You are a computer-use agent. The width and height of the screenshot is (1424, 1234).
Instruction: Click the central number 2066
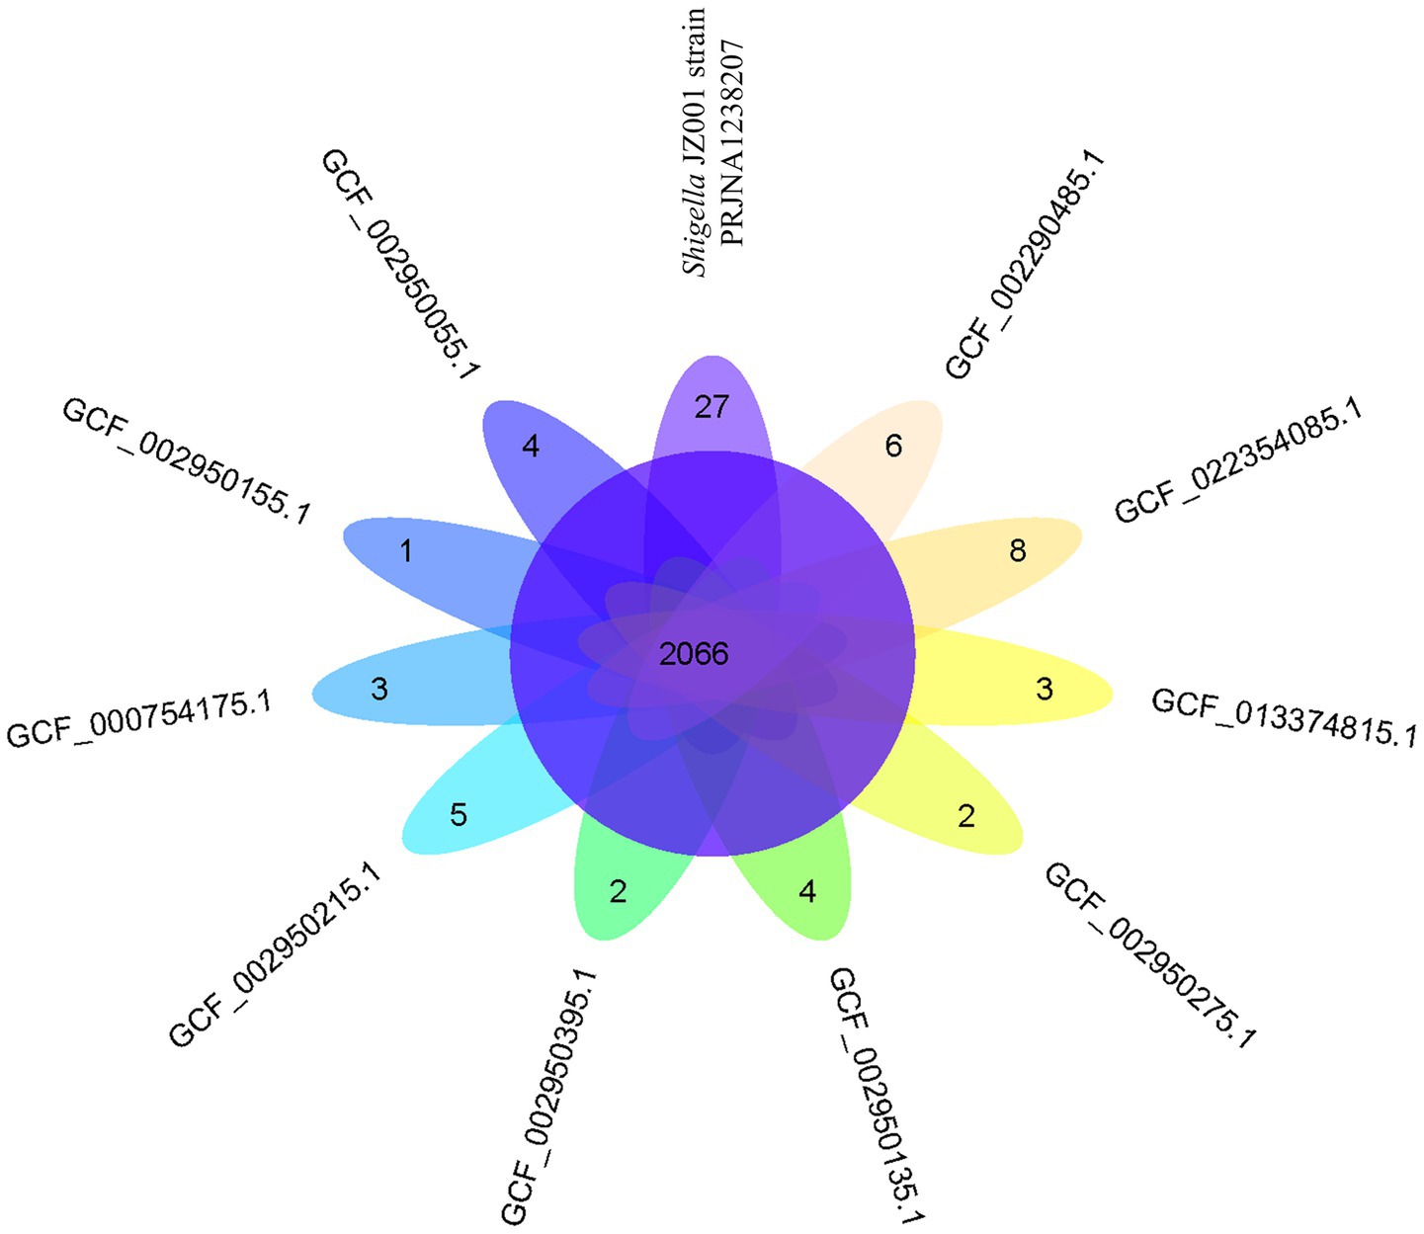click(694, 653)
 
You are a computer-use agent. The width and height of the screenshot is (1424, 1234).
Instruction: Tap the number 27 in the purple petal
click(712, 406)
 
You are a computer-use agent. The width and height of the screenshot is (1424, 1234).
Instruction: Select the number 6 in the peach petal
click(893, 447)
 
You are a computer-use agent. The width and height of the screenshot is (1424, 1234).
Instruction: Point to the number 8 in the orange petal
click(1018, 550)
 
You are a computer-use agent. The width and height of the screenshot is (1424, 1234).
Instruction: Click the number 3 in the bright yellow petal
click(1045, 689)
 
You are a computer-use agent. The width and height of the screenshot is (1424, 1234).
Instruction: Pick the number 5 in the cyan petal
click(459, 815)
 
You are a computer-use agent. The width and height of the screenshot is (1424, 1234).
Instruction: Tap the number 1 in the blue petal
click(406, 550)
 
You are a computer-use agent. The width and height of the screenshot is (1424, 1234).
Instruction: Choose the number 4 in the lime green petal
click(807, 892)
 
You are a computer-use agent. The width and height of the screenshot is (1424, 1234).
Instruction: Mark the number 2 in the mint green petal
click(618, 892)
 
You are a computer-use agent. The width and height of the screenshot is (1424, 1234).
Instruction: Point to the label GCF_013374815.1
click(1284, 717)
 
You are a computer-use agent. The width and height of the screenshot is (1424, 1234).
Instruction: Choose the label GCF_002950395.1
click(549, 1096)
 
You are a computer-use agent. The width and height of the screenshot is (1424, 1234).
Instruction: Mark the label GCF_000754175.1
click(139, 719)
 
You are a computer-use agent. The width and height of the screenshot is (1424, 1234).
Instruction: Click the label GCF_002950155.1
click(186, 460)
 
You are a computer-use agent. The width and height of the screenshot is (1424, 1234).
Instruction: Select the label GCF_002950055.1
click(400, 265)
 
